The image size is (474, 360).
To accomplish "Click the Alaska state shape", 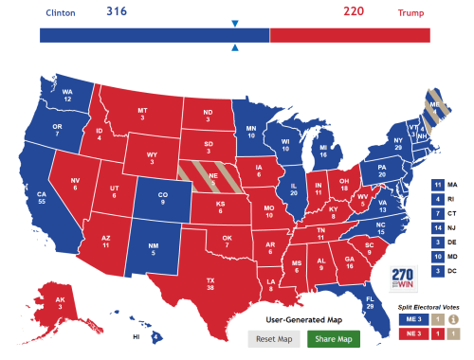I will pyautogui.click(x=60, y=304).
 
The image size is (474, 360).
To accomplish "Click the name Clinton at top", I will pyautogui.click(x=62, y=13).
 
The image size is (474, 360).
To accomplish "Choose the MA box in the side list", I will pyautogui.click(x=438, y=184).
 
